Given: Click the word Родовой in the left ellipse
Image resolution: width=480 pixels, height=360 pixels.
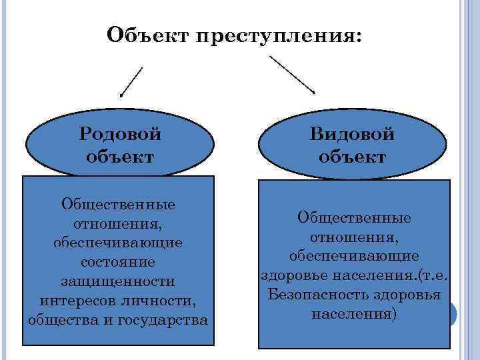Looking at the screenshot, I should click(120, 133).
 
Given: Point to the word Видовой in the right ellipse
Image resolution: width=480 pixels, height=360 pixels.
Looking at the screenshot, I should click(352, 133).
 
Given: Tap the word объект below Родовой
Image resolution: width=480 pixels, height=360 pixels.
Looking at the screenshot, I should click(120, 157).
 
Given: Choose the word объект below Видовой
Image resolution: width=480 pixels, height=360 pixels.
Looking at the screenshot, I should click(352, 157).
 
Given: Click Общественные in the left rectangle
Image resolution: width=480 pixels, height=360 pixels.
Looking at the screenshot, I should click(118, 203).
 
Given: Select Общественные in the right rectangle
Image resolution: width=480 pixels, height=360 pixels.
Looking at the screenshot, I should click(354, 218).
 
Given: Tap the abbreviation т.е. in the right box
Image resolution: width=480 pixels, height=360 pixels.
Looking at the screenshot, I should click(433, 275).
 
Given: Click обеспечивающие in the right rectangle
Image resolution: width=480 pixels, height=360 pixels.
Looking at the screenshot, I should click(354, 257).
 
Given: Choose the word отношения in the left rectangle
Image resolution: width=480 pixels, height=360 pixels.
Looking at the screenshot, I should click(118, 223).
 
